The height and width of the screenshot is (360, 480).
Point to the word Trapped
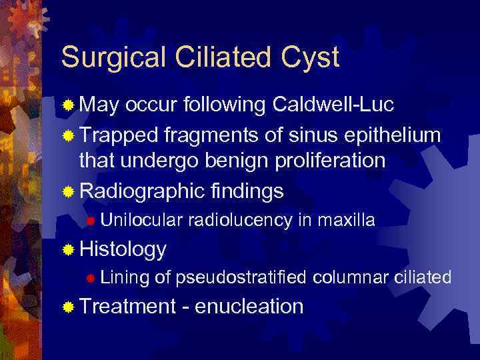(x=118, y=135)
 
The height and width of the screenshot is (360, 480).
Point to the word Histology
(x=123, y=249)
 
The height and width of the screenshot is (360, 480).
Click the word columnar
(x=355, y=277)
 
